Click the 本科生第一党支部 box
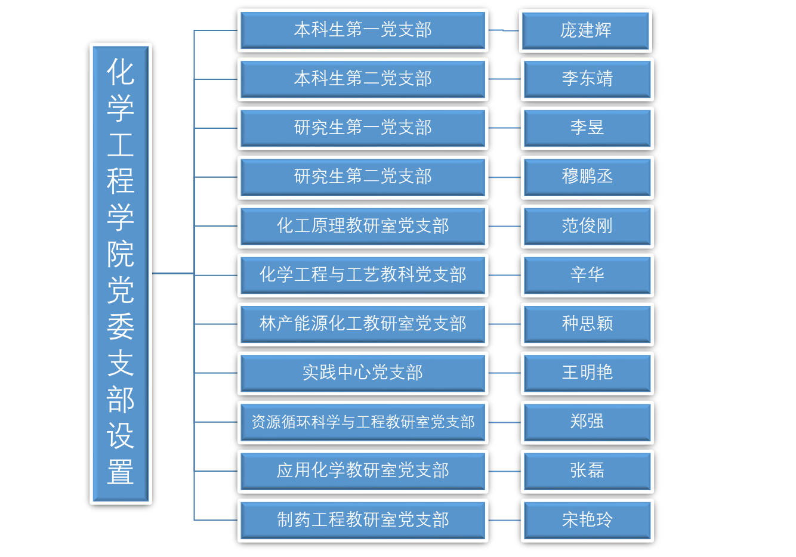click(x=362, y=30)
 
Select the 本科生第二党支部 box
click(x=362, y=79)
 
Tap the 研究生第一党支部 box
click(x=362, y=128)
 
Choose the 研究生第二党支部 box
click(x=362, y=177)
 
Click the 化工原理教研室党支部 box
click(x=362, y=225)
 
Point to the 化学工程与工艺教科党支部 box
click(x=362, y=275)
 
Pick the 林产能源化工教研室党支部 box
click(x=362, y=324)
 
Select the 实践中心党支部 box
click(x=362, y=373)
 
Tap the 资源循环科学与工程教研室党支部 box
click(x=362, y=422)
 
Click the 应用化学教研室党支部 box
click(x=362, y=471)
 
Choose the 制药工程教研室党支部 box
click(x=362, y=519)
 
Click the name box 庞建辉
click(x=586, y=30)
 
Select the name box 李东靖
click(x=587, y=79)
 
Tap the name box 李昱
click(x=587, y=128)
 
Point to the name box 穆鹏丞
click(x=587, y=177)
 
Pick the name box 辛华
click(x=587, y=275)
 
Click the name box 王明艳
click(x=587, y=373)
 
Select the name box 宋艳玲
click(x=587, y=519)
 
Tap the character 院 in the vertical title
click(x=121, y=254)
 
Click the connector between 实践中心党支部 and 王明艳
click(x=504, y=373)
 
